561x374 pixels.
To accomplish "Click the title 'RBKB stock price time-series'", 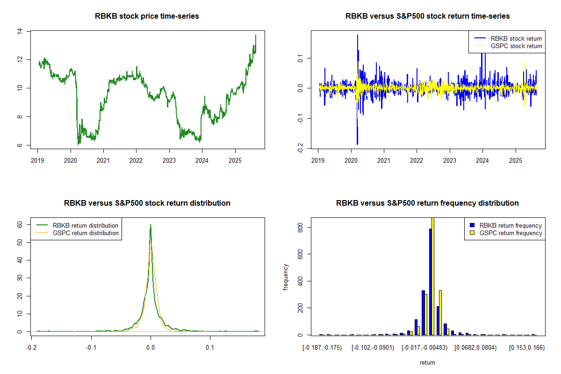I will [x=147, y=16].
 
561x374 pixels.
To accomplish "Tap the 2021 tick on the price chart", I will [x=103, y=159].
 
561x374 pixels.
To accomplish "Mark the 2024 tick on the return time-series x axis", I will [x=482, y=159].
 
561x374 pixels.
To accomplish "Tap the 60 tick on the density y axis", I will [x=20, y=224].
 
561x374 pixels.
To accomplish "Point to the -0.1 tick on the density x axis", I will [x=91, y=347].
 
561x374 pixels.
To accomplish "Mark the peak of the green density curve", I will [x=151, y=224].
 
